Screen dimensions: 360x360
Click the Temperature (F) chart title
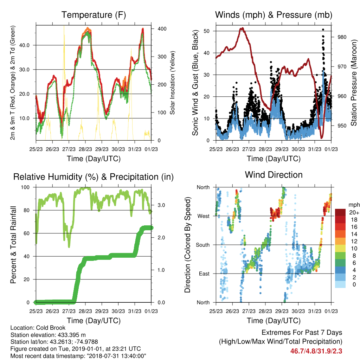[x=94, y=15]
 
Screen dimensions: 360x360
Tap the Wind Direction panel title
[x=274, y=175]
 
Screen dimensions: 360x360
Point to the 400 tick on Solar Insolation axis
[x=162, y=29]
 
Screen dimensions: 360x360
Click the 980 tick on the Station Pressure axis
[x=342, y=37]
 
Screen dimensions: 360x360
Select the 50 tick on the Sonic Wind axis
[x=207, y=31]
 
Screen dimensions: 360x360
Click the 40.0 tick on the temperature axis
[x=24, y=45]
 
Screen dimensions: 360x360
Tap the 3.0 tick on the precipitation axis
[x=161, y=205]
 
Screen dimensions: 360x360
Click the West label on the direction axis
[x=204, y=216]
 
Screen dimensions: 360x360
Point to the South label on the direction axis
[x=203, y=245]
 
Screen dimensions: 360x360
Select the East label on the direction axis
[x=204, y=274]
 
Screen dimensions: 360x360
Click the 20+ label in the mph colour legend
[x=354, y=213]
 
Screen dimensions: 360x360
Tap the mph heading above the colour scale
[x=354, y=205]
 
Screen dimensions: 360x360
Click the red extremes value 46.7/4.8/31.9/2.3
[x=316, y=351]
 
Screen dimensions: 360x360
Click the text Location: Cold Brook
[x=38, y=328]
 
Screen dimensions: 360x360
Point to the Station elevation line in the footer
[x=48, y=335]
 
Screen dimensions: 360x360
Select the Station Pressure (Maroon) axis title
[x=354, y=83]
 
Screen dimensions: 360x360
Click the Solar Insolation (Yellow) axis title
[x=172, y=83]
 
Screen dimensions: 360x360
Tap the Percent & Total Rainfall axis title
[x=13, y=245]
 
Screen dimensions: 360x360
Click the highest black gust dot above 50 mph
[x=323, y=30]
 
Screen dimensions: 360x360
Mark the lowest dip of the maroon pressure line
[x=322, y=137]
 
